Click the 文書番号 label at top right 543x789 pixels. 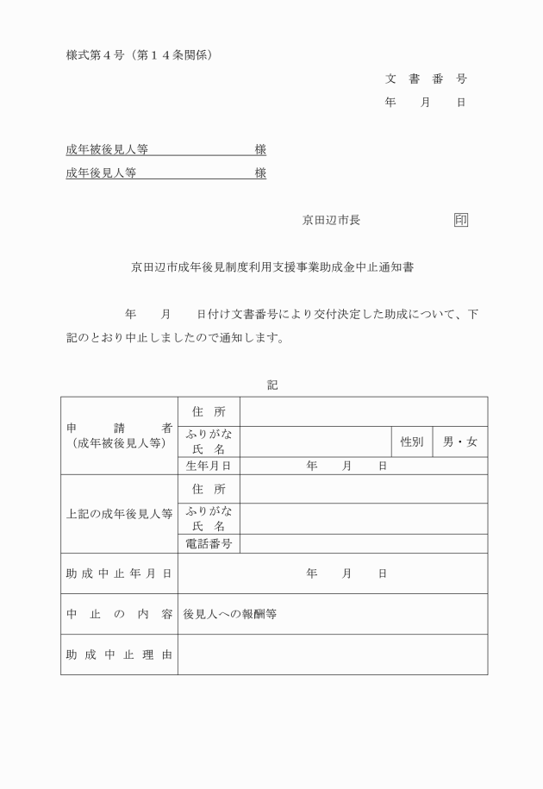pos(426,78)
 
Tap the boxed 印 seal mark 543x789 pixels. pos(461,220)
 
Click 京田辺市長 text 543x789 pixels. pos(331,220)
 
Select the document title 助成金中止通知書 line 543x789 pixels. pos(272,267)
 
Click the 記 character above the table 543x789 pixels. pos(272,385)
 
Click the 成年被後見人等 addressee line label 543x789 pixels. pos(107,149)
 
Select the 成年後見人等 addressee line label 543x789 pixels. pos(101,172)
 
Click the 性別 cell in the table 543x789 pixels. pos(411,441)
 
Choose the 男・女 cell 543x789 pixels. pos(459,441)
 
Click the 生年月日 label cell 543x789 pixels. pos(209,466)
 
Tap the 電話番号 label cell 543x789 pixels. pos(209,543)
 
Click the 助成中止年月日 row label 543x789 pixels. pos(119,573)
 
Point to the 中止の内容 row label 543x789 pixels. pos(119,614)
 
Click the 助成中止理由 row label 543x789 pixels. pos(119,654)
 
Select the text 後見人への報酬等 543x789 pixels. pos(229,614)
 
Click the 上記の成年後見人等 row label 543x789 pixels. pos(119,513)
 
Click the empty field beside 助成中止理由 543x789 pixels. pos(332,654)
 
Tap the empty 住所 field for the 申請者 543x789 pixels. pos(363,411)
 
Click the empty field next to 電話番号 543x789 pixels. pos(363,543)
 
